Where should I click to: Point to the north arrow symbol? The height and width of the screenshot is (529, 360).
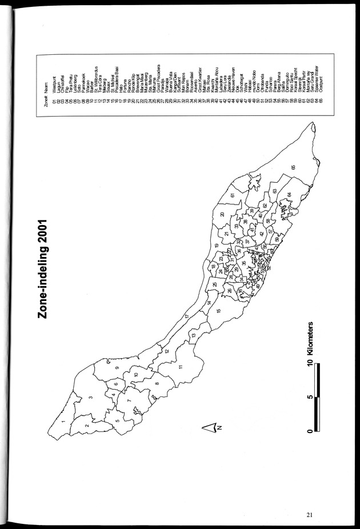tap(211, 426)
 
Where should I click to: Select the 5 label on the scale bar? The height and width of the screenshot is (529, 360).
tap(309, 396)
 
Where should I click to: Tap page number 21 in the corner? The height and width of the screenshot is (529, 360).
tap(309, 514)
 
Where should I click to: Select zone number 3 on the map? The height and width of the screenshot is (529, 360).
tap(91, 398)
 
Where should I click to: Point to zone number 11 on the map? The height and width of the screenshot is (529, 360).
tap(181, 366)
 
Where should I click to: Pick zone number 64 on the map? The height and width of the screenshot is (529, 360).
tap(289, 195)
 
